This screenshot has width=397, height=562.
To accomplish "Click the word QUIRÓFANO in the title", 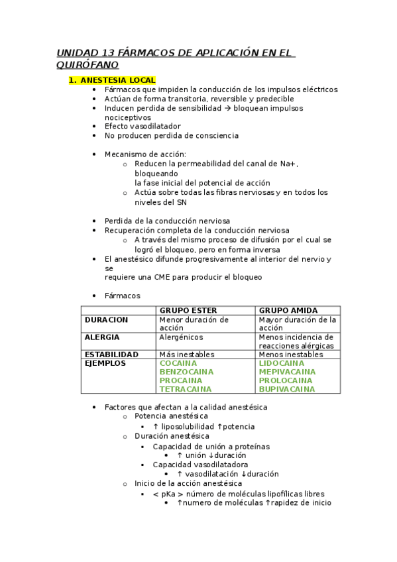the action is pyautogui.click(x=87, y=65).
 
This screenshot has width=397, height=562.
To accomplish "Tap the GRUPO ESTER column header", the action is pyautogui.click(x=188, y=310).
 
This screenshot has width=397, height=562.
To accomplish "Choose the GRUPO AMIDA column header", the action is pyautogui.click(x=288, y=310).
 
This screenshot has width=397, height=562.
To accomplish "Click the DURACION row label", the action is pyautogui.click(x=107, y=319).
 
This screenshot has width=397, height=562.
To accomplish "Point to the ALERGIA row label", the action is pyautogui.click(x=103, y=337).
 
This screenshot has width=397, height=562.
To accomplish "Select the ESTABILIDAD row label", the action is pyautogui.click(x=111, y=355).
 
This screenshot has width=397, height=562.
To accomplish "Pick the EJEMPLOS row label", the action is pyautogui.click(x=105, y=363).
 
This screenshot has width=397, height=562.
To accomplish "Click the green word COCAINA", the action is pyautogui.click(x=178, y=363).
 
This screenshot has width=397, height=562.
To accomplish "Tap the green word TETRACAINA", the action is pyautogui.click(x=186, y=389).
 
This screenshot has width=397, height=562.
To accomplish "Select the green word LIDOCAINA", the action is pyautogui.click(x=282, y=363).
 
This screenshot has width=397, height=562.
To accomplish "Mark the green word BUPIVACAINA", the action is pyautogui.click(x=287, y=389).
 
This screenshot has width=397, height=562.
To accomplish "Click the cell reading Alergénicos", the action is pyautogui.click(x=181, y=337).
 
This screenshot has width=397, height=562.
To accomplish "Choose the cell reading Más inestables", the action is pyautogui.click(x=186, y=355).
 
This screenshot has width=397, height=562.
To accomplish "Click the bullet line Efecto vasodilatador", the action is pyautogui.click(x=142, y=126).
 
